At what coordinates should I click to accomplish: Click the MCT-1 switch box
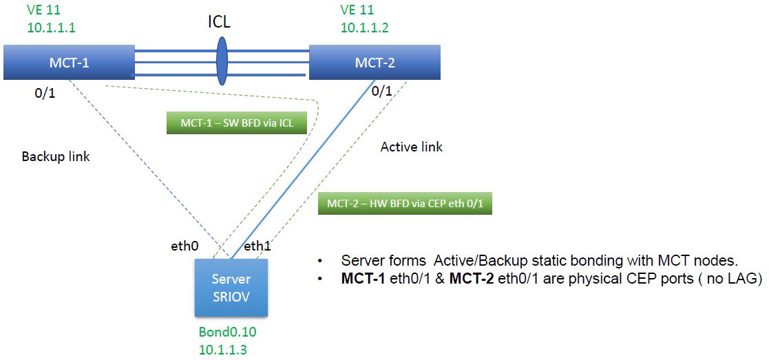pos(68,63)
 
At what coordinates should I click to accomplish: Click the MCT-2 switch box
pos(375,63)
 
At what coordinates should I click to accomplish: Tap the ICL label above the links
pos(219,21)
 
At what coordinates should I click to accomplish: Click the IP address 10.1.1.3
pos(223,349)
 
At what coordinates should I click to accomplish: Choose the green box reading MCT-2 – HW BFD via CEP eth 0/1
pos(405,204)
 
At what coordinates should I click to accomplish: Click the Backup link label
pos(56,156)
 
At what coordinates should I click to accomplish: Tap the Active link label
pos(411,146)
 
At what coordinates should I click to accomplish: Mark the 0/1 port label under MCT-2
pos(382,90)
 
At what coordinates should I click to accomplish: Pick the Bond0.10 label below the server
pos(227,332)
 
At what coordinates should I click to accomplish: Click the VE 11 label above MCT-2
pos(358,10)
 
